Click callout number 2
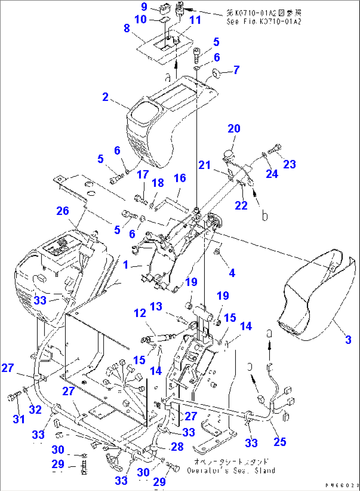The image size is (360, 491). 105,97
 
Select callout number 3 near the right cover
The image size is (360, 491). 348,339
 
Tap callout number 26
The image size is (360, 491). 63,211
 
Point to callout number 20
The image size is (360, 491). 234,128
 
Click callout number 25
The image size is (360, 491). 280,442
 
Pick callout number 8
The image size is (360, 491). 127,28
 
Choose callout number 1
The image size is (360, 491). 126,265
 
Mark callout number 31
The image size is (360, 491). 18,419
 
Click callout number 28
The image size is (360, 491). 177,447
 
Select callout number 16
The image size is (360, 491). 180,178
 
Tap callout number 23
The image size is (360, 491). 290,164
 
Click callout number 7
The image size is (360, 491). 236,70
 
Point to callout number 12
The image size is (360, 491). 140,313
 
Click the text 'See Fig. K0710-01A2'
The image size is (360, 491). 264,22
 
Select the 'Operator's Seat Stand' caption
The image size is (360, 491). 231,471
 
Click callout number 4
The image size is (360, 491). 232,273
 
